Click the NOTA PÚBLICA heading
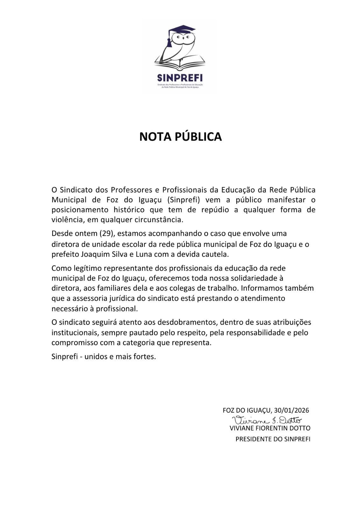tap(180, 136)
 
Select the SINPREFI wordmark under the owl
tap(180, 78)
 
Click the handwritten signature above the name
tap(267, 420)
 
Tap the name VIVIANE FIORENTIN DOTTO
tap(270, 428)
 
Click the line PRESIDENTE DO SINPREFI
tap(273, 439)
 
